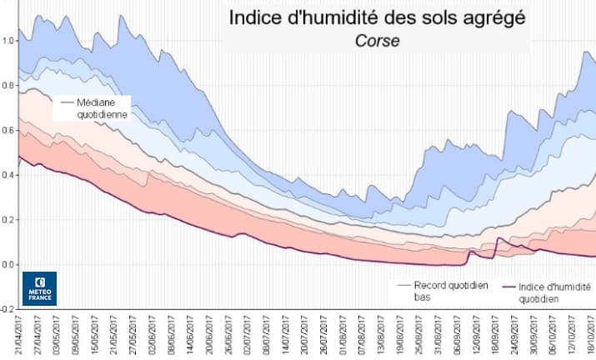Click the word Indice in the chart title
click(x=259, y=17)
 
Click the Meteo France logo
click(x=39, y=288)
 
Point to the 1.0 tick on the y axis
click(x=9, y=39)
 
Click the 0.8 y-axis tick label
click(x=9, y=84)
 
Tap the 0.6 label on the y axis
click(x=9, y=129)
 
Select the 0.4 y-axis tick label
click(x=9, y=174)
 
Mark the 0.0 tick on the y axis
click(x=9, y=264)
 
